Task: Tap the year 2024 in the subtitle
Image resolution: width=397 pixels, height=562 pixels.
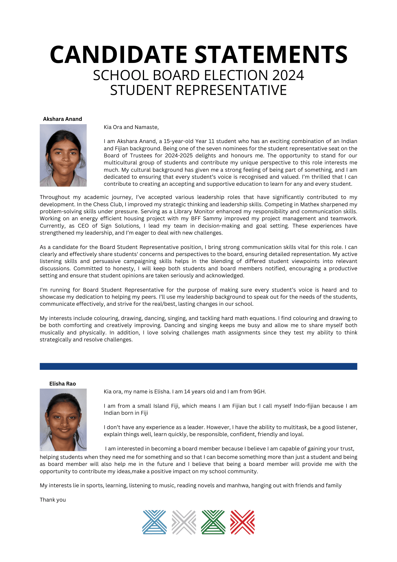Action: (x=288, y=76)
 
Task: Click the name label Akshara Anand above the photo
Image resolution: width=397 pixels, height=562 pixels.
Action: (x=62, y=119)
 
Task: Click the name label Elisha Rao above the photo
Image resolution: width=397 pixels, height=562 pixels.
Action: (x=62, y=384)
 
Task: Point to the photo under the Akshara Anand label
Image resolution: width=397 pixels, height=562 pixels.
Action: (x=63, y=155)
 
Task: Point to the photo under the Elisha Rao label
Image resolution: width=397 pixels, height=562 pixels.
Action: (x=63, y=420)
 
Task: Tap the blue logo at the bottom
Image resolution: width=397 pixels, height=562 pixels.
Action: (x=154, y=522)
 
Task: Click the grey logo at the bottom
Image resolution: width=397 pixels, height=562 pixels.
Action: (x=184, y=522)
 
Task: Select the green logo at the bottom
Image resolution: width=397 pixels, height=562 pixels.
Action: (x=213, y=522)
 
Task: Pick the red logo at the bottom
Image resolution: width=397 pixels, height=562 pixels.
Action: (x=242, y=522)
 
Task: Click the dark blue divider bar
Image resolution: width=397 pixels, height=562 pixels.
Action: (x=198, y=366)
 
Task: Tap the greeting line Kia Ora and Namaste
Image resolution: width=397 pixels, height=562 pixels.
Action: (x=131, y=127)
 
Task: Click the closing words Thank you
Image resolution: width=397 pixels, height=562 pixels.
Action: (x=53, y=500)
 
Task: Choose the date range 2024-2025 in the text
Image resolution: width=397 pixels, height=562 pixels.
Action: (x=176, y=156)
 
